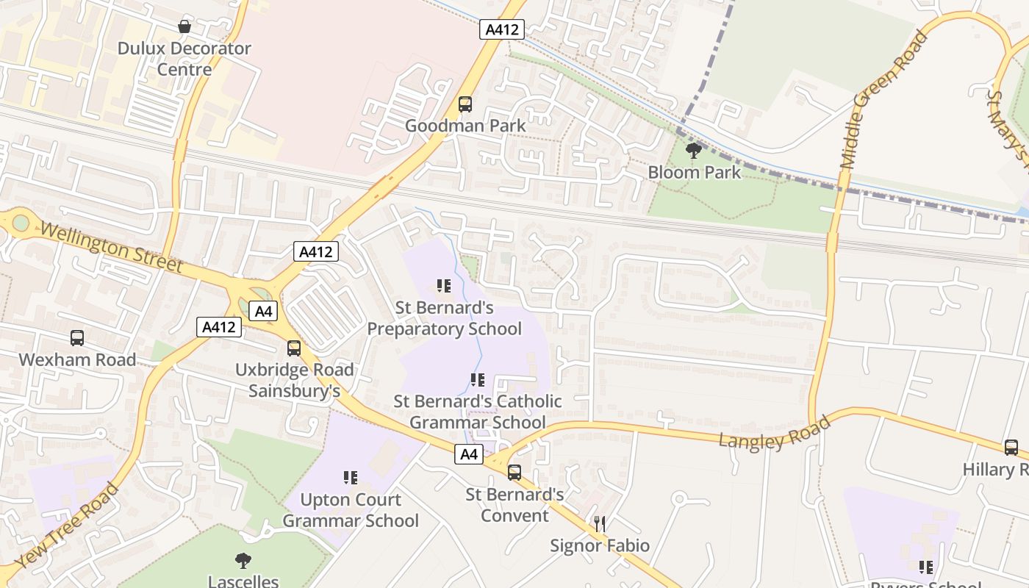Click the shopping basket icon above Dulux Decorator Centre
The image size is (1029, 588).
(x=184, y=27)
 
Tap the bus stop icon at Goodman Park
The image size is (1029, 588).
(x=465, y=104)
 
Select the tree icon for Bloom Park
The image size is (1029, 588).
(x=693, y=151)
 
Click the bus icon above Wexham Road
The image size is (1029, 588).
(x=77, y=338)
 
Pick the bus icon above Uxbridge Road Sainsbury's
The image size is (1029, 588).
(x=294, y=348)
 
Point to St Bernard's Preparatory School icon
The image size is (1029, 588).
(x=443, y=286)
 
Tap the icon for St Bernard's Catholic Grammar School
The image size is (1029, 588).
(x=478, y=380)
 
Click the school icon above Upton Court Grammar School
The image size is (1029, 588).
(x=351, y=478)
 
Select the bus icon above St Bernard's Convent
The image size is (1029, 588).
(x=514, y=473)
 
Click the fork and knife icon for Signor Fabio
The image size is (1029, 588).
(x=600, y=524)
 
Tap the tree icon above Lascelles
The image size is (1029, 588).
(x=243, y=561)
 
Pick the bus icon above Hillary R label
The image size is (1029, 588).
(x=1011, y=448)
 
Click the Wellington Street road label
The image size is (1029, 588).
(x=111, y=248)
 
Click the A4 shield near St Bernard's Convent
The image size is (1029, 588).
(x=469, y=455)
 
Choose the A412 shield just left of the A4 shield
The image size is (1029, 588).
(x=219, y=327)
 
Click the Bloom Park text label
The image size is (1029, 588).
(x=695, y=173)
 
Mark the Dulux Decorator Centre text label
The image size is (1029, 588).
(x=184, y=59)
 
